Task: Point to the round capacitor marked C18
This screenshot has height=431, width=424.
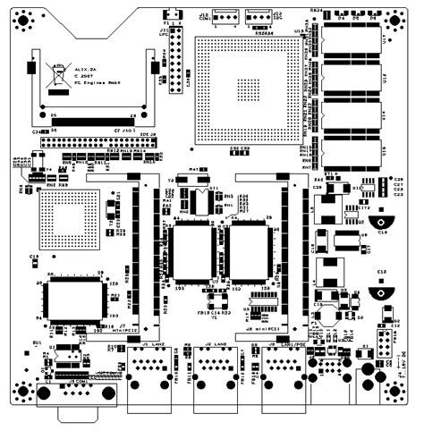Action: (x=382, y=284)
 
